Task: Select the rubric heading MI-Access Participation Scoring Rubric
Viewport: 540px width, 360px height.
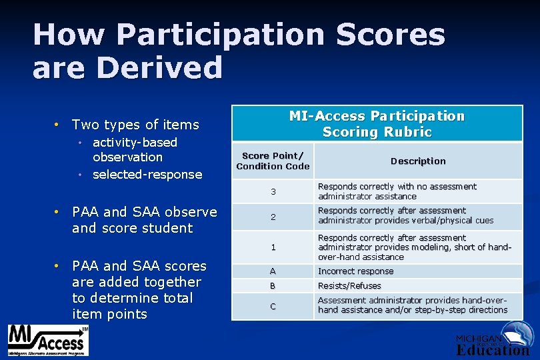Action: coord(377,124)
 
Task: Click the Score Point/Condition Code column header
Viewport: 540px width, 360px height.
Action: coord(273,161)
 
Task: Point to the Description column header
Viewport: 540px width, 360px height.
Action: coord(418,161)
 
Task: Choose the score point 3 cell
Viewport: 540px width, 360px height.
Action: coord(273,192)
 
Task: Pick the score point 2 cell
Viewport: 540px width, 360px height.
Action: coord(273,216)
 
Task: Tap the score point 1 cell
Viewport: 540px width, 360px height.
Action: coord(273,247)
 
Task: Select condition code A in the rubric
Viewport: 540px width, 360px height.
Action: coord(273,271)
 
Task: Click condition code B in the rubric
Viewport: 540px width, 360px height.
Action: coord(273,286)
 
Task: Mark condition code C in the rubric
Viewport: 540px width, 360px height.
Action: coord(273,305)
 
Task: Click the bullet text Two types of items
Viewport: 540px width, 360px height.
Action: coord(135,125)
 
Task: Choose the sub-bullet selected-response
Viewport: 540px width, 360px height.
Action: coord(147,175)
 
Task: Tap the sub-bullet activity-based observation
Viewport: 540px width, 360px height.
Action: coord(135,150)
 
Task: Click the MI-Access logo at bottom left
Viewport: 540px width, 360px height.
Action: coord(47,340)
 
